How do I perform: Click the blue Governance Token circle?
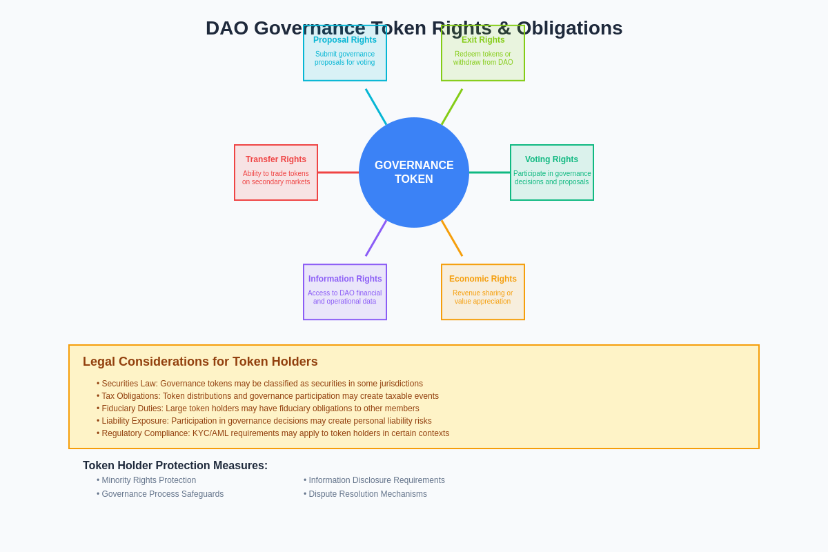point(414,172)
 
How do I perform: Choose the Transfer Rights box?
point(276,172)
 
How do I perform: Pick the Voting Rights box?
point(552,172)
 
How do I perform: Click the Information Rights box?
point(345,292)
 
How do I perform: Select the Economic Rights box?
point(483,292)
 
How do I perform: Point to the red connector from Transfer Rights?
point(338,172)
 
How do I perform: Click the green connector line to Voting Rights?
point(490,172)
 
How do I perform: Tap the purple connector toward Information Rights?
point(376,238)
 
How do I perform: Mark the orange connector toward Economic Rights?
point(452,238)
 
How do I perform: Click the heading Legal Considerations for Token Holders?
point(200,362)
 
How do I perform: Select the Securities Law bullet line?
point(262,384)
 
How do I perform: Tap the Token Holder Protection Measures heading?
point(175,466)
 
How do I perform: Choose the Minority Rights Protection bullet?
point(148,480)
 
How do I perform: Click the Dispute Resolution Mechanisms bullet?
point(367,494)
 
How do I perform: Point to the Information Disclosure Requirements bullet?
point(376,480)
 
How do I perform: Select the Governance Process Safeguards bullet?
point(162,494)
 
